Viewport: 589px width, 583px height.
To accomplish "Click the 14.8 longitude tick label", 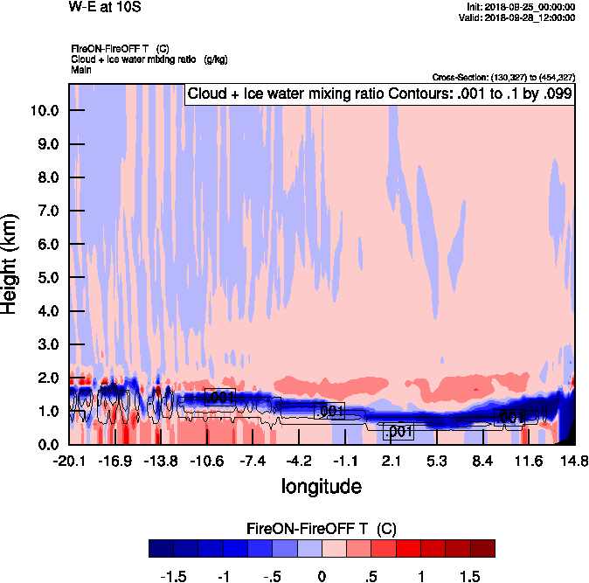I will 574,461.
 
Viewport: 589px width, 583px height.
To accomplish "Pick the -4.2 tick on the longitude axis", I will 299,461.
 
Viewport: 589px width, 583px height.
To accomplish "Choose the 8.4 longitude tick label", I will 482,461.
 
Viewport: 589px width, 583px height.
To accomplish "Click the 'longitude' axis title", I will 321,485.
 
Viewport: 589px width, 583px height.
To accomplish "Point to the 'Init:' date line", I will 521,7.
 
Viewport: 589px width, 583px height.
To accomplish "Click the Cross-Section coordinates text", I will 503,78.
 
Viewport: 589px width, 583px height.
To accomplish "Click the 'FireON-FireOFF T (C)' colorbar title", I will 322,528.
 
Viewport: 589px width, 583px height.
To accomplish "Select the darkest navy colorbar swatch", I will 162,549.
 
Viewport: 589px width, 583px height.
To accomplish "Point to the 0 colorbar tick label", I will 322,576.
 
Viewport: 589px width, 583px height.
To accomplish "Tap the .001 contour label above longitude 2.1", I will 398,432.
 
